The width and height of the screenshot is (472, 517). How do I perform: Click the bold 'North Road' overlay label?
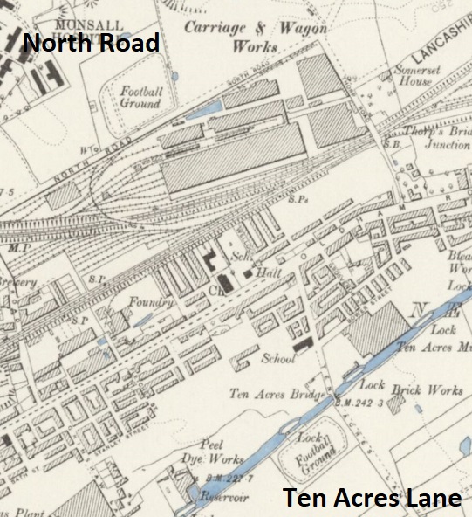[92, 42]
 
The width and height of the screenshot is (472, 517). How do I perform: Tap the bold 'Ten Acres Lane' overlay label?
[371, 499]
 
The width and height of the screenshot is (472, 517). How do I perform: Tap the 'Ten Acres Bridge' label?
[277, 392]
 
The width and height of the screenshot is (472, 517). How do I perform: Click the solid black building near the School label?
[303, 346]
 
